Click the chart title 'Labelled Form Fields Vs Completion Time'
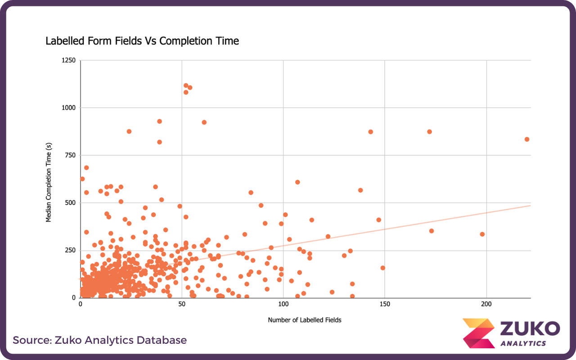tap(142, 41)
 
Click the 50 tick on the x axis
tap(182, 305)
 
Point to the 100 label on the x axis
tap(283, 305)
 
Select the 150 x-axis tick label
tap(385, 305)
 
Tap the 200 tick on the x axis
tap(486, 305)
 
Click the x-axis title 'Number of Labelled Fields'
tap(305, 320)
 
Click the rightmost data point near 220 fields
tap(526, 139)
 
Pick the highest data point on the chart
tap(186, 85)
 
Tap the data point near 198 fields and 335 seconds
tap(482, 234)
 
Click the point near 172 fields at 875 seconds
tap(429, 132)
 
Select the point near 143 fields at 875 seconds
tap(371, 132)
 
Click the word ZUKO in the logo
tap(530, 328)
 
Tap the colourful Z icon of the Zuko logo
tap(478, 333)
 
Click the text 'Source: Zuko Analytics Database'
tap(99, 340)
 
